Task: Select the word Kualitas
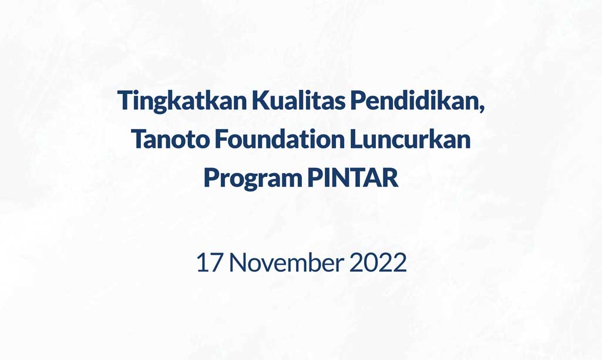click(x=299, y=100)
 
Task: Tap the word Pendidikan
click(x=415, y=100)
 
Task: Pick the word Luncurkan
click(x=410, y=139)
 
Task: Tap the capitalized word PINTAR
click(x=353, y=177)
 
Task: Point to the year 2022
click(x=378, y=263)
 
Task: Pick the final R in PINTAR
click(x=390, y=177)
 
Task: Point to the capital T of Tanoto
click(x=139, y=139)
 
